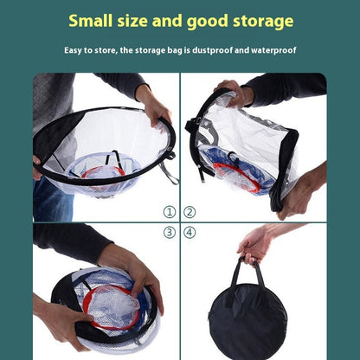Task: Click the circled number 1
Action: (x=169, y=211)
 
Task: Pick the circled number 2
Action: (x=190, y=211)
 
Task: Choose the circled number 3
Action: (x=169, y=232)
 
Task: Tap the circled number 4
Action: (x=190, y=232)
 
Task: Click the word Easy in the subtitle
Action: (x=75, y=50)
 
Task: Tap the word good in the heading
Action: (x=206, y=21)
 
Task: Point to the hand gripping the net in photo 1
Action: (x=153, y=107)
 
